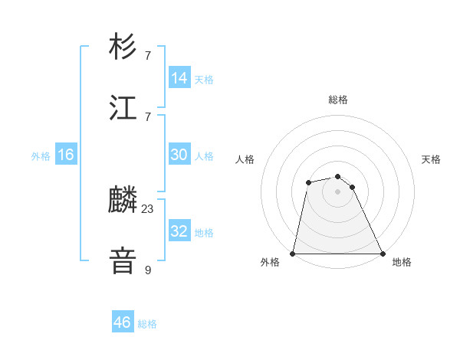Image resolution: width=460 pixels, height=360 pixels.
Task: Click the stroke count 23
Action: point(148,209)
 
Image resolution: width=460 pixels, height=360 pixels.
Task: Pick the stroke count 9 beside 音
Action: point(148,270)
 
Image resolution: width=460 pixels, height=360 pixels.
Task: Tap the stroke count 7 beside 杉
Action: point(148,56)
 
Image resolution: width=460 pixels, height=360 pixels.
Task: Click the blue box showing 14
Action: point(179,78)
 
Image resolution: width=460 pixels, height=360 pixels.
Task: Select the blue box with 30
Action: point(179,155)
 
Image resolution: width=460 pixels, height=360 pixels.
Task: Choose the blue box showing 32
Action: point(179,231)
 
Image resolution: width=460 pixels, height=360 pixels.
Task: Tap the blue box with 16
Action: point(66,155)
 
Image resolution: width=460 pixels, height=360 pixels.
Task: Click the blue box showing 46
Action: point(123,322)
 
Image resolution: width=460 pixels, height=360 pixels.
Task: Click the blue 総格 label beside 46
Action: point(147,324)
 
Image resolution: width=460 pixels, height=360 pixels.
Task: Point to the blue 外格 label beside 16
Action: point(41,155)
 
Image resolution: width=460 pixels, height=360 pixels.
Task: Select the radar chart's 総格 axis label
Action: point(337,100)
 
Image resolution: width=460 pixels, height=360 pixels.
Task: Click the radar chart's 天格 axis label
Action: point(431,159)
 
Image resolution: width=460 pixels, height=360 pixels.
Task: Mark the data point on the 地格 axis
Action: point(382,254)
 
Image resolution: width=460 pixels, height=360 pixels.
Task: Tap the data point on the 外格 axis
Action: point(293,254)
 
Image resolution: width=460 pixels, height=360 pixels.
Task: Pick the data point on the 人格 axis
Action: point(308,182)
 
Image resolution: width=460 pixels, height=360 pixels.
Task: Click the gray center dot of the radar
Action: point(337,191)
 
